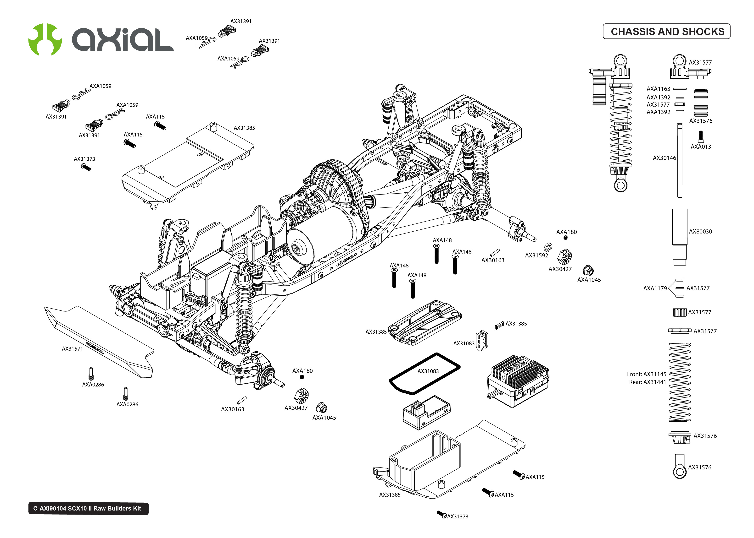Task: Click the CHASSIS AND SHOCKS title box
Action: [x=666, y=32]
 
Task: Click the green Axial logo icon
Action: [x=45, y=39]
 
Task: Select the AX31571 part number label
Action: [x=72, y=348]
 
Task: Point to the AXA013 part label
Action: [x=700, y=147]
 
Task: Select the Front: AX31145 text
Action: [x=646, y=374]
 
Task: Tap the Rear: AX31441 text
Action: [x=647, y=382]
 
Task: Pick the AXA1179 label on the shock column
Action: [x=655, y=288]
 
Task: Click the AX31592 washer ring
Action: [x=548, y=247]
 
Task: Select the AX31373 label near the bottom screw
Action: [x=458, y=516]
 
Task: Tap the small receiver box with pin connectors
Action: [x=426, y=413]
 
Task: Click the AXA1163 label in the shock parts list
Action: [x=658, y=89]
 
